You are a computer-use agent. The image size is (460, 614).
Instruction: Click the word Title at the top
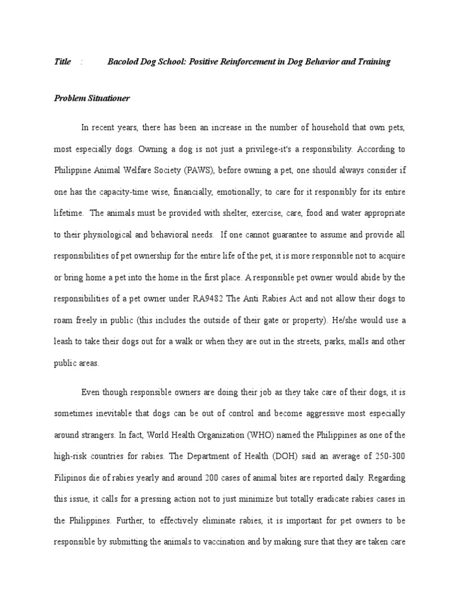pyautogui.click(x=62, y=62)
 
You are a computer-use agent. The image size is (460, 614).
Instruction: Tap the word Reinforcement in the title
pyautogui.click(x=245, y=62)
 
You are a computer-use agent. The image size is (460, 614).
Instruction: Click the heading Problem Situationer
pyautogui.click(x=92, y=98)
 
